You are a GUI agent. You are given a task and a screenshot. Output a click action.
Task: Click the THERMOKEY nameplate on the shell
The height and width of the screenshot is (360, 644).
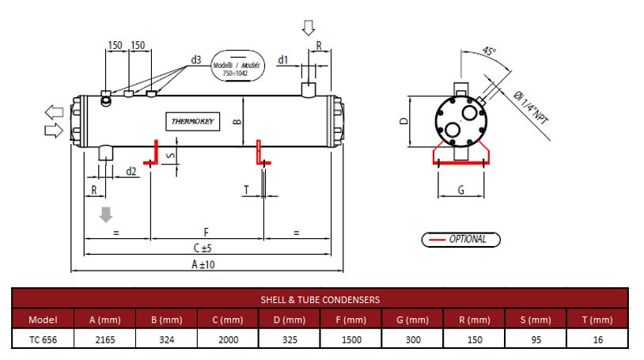click(x=192, y=121)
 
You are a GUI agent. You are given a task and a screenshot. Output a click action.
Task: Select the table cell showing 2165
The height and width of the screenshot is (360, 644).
click(x=104, y=339)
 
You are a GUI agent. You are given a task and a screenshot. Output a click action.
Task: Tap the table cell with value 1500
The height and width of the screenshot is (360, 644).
click(x=351, y=339)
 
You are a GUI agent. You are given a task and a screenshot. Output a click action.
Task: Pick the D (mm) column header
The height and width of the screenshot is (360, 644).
click(x=290, y=320)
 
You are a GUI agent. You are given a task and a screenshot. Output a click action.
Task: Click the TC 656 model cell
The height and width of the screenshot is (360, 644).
click(x=44, y=339)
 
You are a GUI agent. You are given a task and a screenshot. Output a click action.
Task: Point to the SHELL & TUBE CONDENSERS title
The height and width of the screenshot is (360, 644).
click(x=320, y=300)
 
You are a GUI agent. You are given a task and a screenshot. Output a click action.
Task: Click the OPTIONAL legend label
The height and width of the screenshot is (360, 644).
click(x=468, y=239)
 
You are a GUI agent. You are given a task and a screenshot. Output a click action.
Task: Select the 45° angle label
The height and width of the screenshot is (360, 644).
click(x=489, y=51)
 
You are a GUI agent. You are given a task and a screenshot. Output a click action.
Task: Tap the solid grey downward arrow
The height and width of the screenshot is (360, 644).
click(x=106, y=214)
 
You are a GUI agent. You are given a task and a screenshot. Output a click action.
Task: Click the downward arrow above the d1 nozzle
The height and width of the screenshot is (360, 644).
click(x=309, y=28)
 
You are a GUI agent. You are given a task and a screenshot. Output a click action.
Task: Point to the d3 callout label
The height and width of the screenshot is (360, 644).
click(x=196, y=60)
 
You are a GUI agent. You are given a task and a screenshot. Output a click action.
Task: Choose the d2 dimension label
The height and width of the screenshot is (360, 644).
click(x=131, y=172)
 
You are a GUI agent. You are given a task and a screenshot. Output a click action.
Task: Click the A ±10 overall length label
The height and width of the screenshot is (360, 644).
click(x=203, y=264)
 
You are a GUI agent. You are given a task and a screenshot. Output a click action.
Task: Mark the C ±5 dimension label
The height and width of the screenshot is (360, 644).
click(x=203, y=248)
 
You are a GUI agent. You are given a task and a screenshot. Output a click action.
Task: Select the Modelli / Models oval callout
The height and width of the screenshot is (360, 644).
click(x=237, y=66)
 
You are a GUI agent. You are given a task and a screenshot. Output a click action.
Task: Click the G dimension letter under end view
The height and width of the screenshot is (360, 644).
click(x=460, y=190)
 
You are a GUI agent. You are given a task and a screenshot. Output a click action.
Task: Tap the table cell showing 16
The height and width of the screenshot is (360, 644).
click(x=597, y=339)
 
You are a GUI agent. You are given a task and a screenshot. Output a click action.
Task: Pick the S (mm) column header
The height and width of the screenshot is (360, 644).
click(x=536, y=320)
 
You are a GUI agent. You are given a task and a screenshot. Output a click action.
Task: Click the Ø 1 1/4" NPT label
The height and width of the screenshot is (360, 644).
click(x=531, y=108)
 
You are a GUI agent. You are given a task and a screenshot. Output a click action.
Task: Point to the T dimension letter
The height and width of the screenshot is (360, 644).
click(x=246, y=189)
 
